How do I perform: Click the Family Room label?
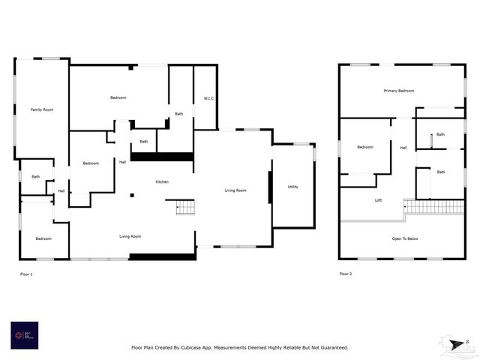[42, 109]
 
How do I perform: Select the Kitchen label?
[162, 182]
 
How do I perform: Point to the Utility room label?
[292, 186]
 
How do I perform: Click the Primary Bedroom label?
[399, 91]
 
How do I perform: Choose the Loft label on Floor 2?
[379, 200]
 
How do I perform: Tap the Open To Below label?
[403, 239]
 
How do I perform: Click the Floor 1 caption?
[26, 274]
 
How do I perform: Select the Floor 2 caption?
[346, 274]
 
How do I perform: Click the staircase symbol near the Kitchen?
[185, 207]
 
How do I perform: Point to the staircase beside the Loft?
[434, 206]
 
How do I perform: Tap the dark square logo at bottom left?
[24, 335]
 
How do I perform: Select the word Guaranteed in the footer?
[333, 347]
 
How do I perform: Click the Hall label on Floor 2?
[403, 148]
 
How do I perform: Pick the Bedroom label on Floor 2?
[365, 147]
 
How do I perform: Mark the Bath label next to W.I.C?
[179, 114]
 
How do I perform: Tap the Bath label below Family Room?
[35, 176]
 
